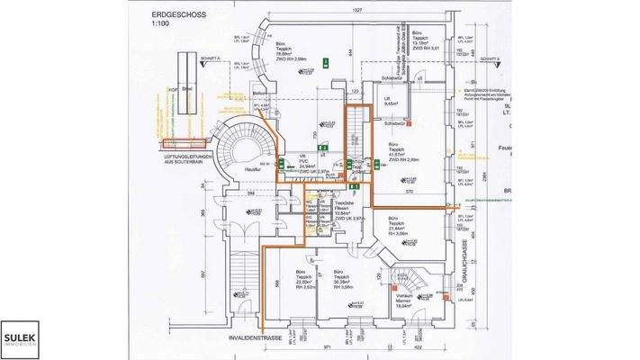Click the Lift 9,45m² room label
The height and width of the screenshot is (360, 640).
pos(391,103)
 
